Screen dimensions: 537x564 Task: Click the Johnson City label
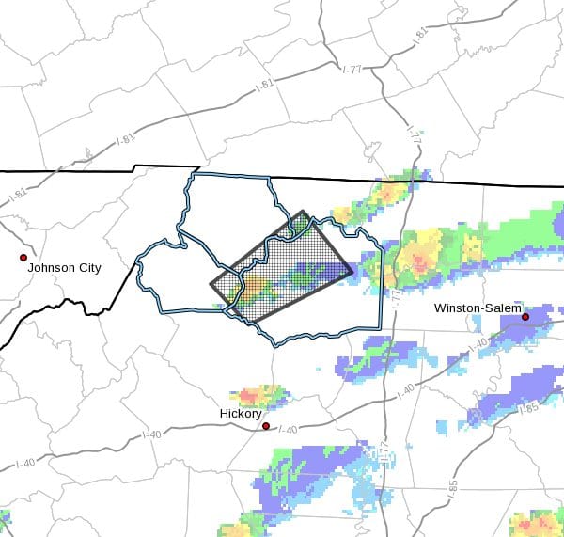64,268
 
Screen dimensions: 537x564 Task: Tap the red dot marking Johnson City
23,257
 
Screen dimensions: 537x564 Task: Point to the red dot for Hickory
266,426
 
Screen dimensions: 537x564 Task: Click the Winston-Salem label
476,308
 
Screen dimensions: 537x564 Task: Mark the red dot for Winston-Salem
525,317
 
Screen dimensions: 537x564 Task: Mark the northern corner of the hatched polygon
303,212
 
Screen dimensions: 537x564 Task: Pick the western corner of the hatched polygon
211,282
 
